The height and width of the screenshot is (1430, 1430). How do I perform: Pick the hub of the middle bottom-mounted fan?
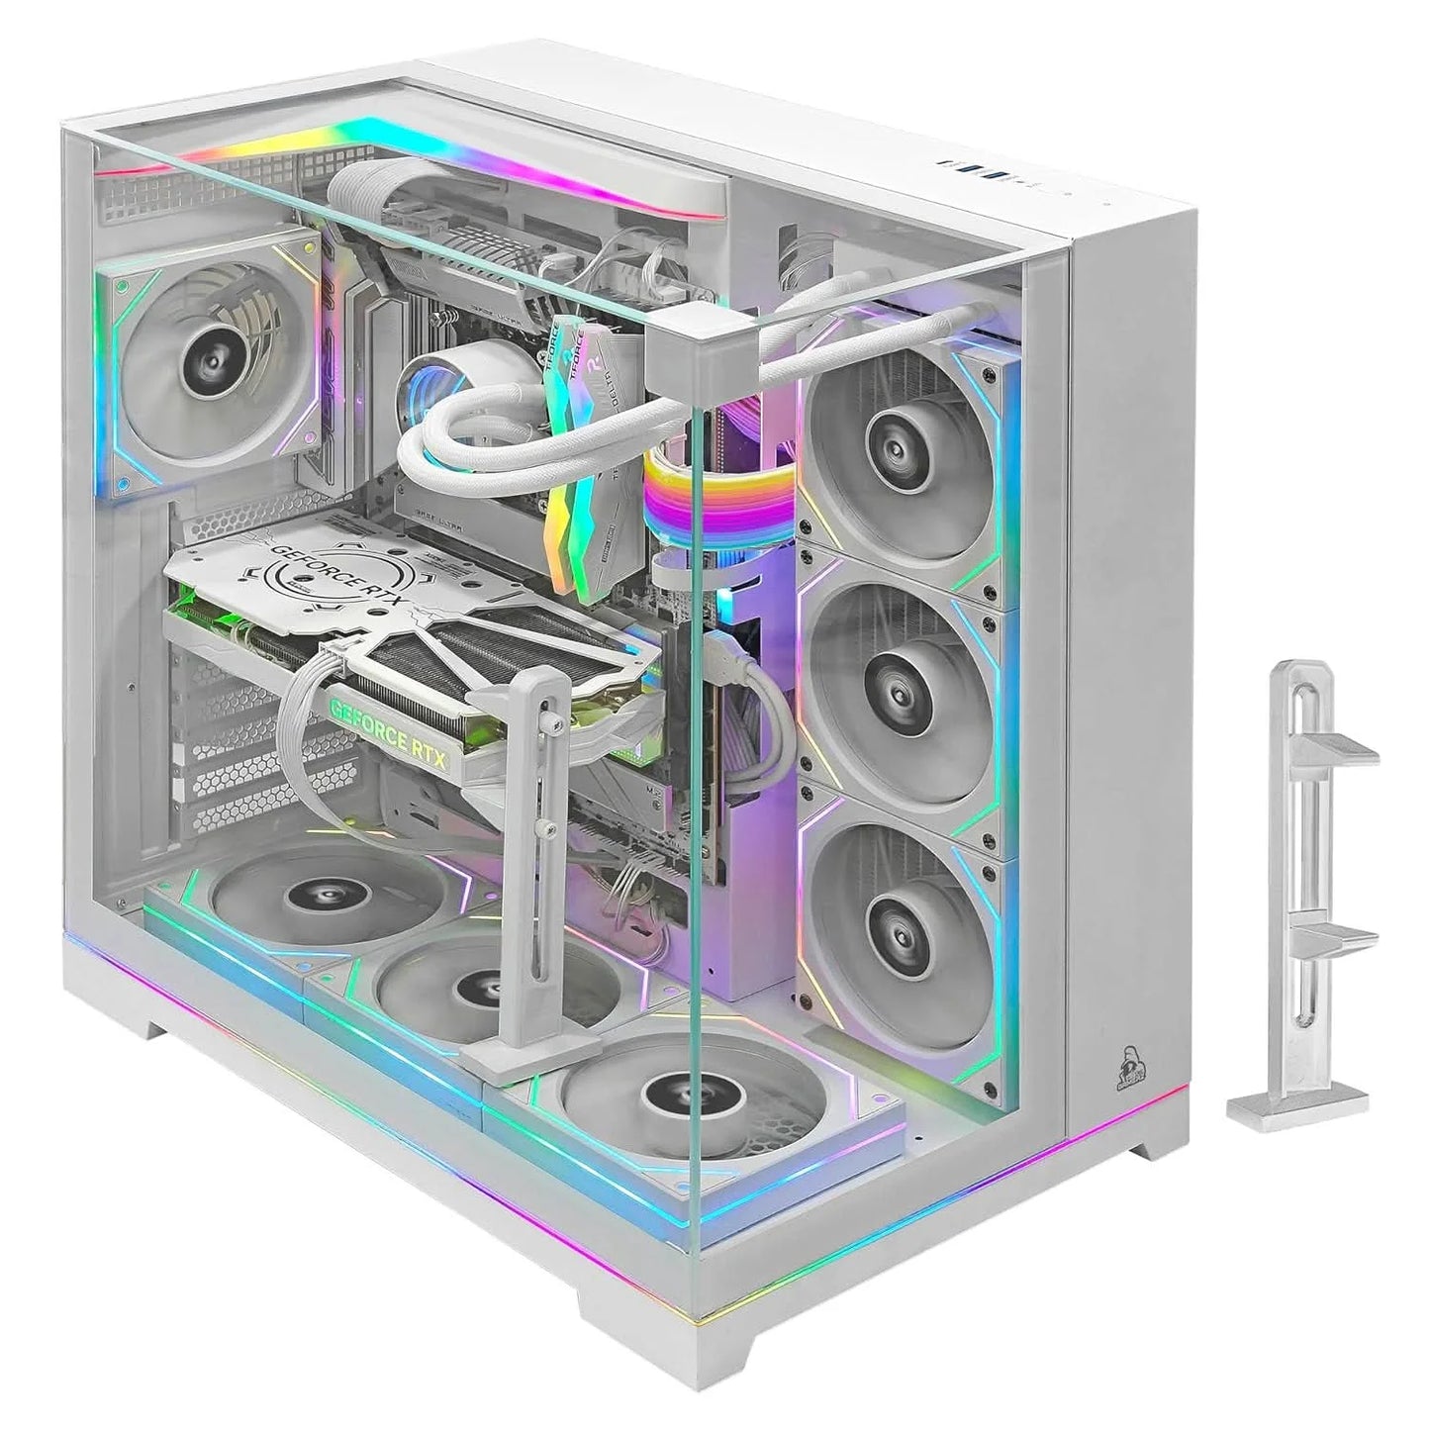tap(485, 986)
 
